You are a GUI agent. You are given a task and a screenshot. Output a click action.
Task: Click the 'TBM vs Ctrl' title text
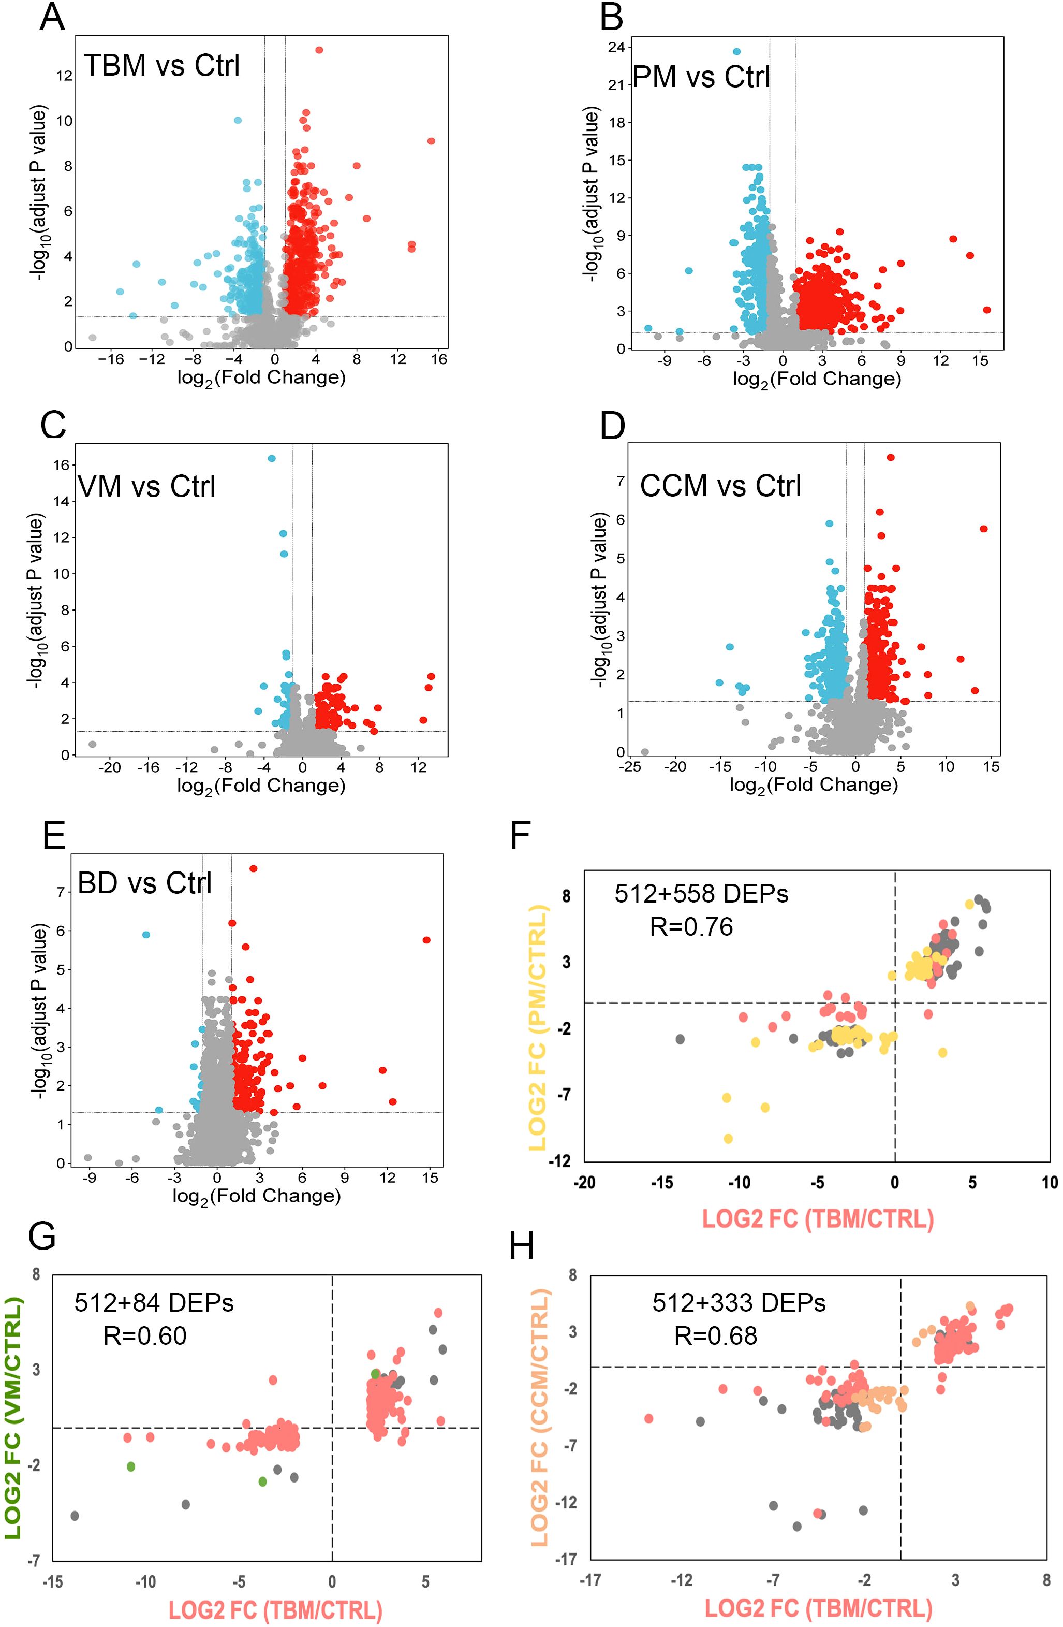[x=162, y=66]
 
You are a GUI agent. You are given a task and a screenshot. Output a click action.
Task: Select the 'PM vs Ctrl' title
[x=702, y=77]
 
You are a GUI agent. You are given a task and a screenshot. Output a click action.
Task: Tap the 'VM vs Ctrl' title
[x=147, y=487]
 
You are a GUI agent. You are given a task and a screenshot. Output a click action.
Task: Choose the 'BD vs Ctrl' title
[x=145, y=882]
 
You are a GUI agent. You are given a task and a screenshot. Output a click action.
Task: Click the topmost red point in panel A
[x=319, y=50]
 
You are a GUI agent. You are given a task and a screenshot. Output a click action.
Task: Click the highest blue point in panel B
[x=736, y=51]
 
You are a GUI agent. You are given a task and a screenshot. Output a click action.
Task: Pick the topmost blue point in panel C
[x=271, y=458]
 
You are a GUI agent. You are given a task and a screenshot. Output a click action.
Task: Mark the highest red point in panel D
[x=891, y=457]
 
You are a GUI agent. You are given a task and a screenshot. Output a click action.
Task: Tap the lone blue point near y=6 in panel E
[x=145, y=935]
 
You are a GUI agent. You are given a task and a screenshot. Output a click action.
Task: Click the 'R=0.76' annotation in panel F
[x=691, y=927]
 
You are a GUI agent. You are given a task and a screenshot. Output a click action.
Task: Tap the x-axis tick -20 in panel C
[x=109, y=767]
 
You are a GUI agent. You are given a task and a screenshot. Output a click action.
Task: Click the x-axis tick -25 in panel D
[x=630, y=766]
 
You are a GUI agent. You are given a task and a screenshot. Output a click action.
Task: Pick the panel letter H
[x=522, y=1247]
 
